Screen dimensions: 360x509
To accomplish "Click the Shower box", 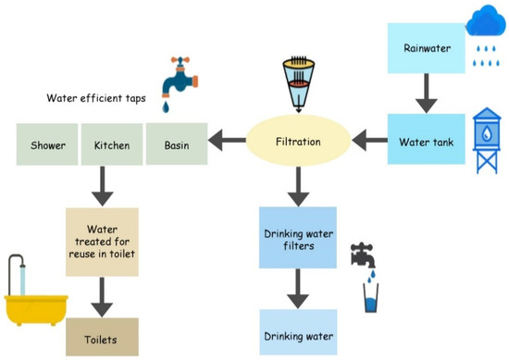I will tap(48, 145).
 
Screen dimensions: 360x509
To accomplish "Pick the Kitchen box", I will tap(112, 145).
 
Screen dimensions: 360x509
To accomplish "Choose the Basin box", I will tap(177, 145).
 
